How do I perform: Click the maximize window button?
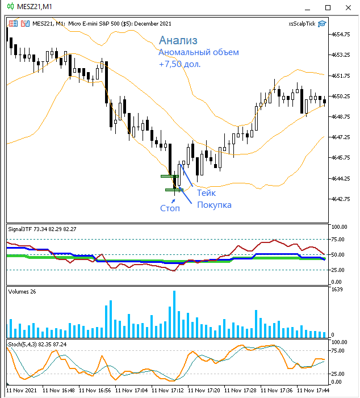pos(327,7)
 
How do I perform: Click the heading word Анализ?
pos(178,40)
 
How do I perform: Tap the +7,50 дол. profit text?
pos(180,64)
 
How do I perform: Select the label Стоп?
pos(170,208)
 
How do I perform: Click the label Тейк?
pos(206,193)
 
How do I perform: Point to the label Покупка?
pos(214,204)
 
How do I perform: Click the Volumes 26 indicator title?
pos(22,291)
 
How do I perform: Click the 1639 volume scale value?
pos(337,290)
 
